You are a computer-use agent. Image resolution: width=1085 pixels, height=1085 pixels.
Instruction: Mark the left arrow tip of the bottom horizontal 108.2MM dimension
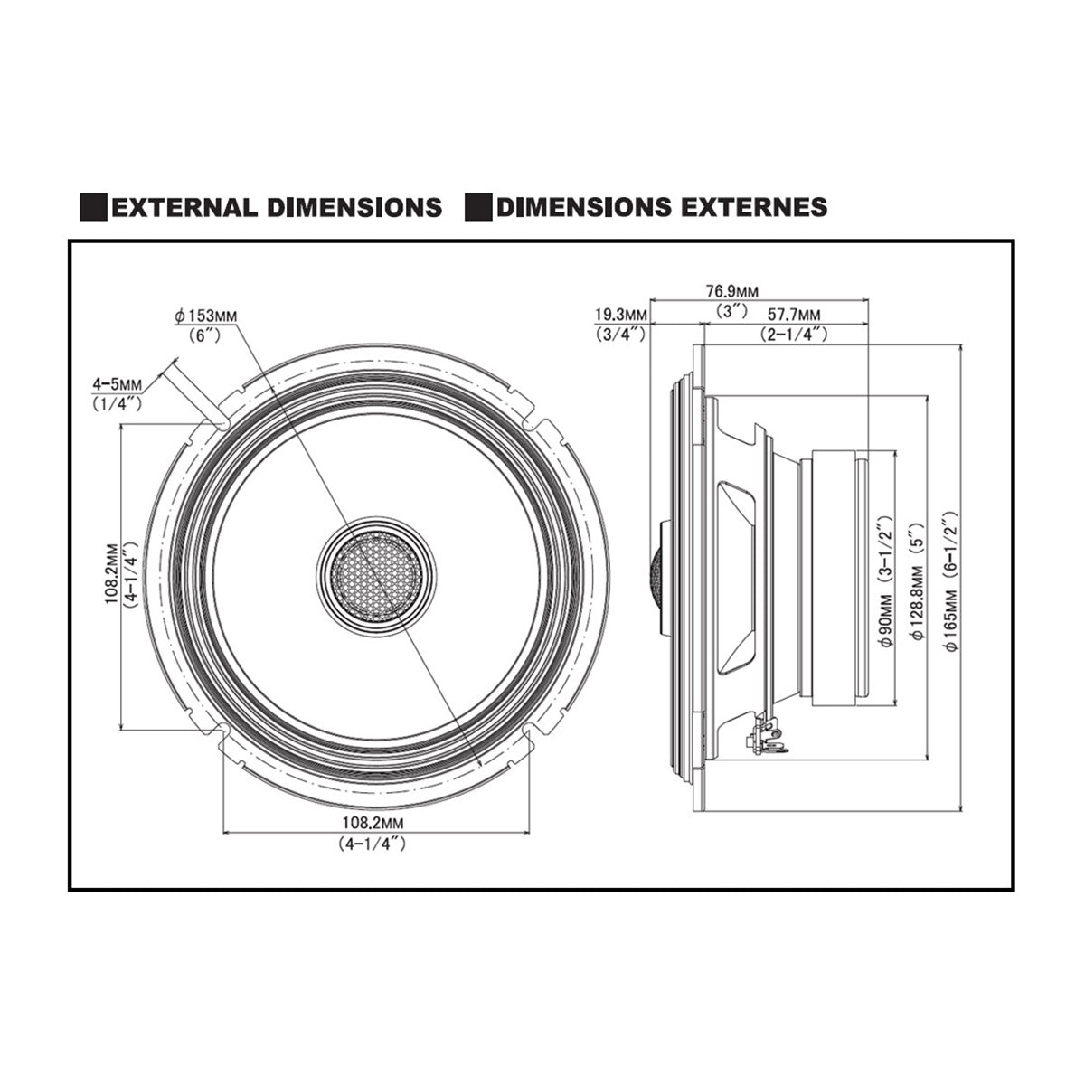(223, 831)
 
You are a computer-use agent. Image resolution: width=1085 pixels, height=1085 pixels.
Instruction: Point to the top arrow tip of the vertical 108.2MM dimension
(122, 426)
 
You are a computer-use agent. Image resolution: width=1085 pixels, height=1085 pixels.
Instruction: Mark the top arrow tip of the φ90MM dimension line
(894, 451)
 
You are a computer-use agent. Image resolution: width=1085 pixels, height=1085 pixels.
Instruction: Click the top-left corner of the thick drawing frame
(70, 241)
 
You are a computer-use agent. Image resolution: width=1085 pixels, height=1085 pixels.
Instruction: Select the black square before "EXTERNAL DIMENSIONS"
(93, 207)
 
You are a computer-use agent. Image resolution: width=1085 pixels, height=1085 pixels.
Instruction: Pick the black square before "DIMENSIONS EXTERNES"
(478, 207)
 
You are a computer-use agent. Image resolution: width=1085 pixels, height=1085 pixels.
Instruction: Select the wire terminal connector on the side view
(766, 736)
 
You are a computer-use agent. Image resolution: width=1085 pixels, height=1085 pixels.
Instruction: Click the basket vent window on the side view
(736, 575)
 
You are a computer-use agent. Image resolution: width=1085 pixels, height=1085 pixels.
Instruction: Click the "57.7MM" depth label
(793, 314)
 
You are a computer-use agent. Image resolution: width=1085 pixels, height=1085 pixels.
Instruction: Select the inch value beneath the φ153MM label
(205, 335)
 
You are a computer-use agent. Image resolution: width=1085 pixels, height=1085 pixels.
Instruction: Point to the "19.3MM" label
(621, 314)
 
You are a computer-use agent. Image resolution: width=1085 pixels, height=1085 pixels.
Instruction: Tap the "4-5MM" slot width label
(118, 384)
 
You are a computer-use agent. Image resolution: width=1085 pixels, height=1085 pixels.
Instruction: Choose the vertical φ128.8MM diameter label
(919, 599)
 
